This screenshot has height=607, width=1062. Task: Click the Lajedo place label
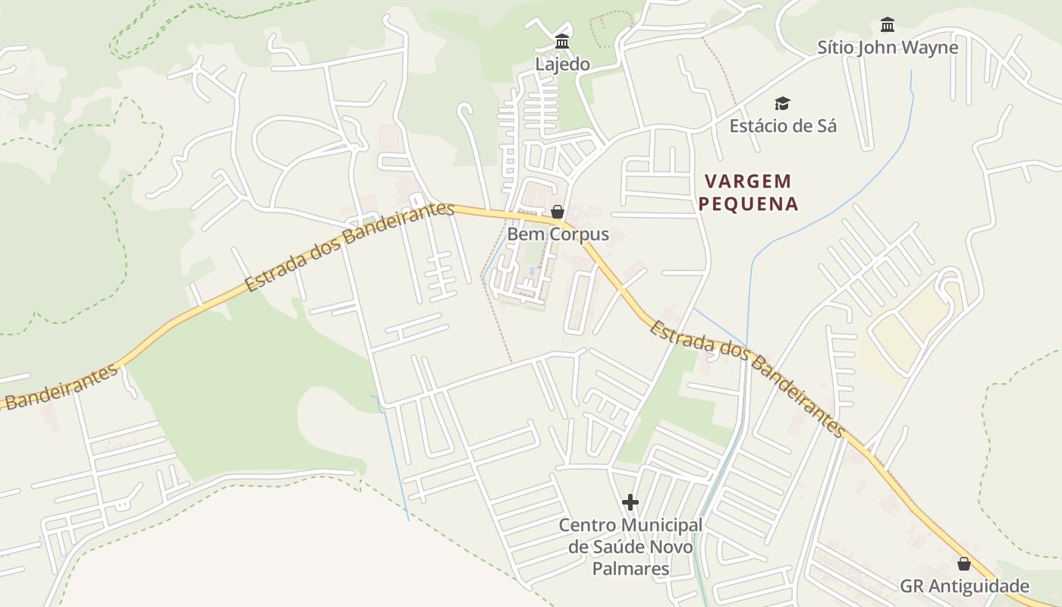click(562, 64)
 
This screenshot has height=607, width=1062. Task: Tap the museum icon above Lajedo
click(562, 41)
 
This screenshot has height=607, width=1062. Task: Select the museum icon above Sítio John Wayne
click(888, 25)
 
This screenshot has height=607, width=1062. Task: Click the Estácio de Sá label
click(783, 126)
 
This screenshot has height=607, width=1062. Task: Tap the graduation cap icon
click(782, 103)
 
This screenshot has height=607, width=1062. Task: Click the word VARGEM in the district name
click(748, 181)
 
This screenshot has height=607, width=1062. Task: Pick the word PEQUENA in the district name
click(748, 204)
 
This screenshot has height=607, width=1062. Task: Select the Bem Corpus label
click(558, 234)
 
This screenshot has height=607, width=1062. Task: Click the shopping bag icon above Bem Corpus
click(558, 212)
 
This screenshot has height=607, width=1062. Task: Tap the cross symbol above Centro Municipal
click(630, 502)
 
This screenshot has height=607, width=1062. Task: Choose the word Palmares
click(630, 569)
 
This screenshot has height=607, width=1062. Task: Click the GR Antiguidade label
click(964, 587)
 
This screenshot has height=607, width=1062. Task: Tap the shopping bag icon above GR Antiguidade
click(963, 564)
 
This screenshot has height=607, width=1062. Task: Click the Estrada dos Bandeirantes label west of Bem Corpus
click(350, 247)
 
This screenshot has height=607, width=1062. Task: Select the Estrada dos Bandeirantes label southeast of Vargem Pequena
click(747, 379)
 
